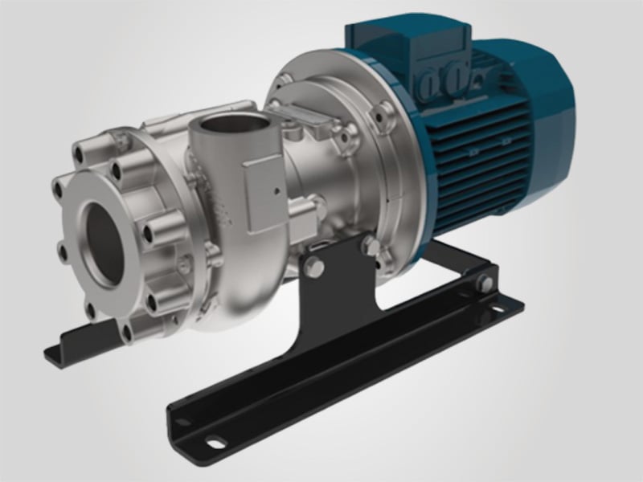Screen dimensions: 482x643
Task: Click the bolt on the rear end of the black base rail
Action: pos(483,283)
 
